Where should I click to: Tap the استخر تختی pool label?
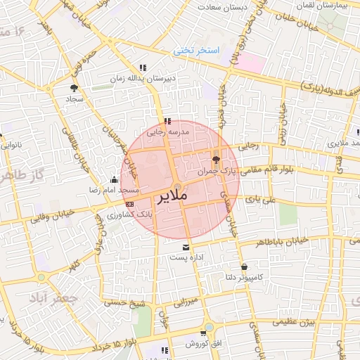(x=198, y=51)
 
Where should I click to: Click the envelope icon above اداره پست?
(x=186, y=248)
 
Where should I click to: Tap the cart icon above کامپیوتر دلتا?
(x=244, y=267)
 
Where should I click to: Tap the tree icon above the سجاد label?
(x=74, y=88)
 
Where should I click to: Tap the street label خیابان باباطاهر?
(x=302, y=240)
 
